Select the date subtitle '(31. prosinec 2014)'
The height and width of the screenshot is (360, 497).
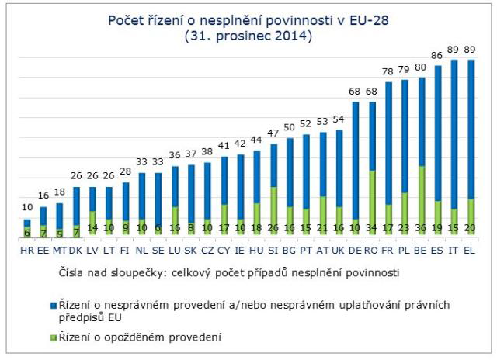click(x=248, y=36)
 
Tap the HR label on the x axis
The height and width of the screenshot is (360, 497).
click(x=26, y=250)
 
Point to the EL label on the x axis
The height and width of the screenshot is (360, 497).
click(x=470, y=250)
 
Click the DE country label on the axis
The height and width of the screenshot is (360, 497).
click(x=355, y=250)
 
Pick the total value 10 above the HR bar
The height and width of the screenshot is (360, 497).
click(x=26, y=207)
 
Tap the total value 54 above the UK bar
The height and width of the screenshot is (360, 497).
click(x=339, y=119)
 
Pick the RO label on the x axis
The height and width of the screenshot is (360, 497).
click(x=371, y=250)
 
